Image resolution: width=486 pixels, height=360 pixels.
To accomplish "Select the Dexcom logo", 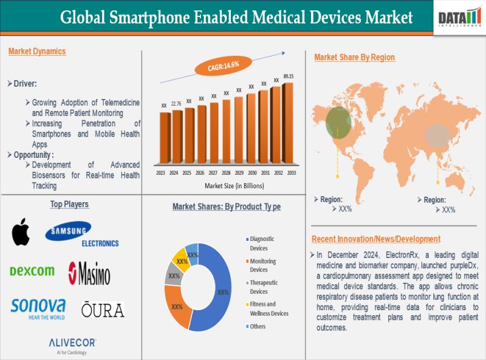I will pyautogui.click(x=32, y=271).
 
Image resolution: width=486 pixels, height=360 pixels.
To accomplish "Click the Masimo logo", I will pyautogui.click(x=89, y=273).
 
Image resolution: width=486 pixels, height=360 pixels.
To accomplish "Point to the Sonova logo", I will pyautogui.click(x=38, y=307).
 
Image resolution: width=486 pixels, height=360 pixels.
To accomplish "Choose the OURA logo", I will pyautogui.click(x=103, y=310).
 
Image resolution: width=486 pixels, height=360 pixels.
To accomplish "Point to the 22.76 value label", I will pyautogui.click(x=176, y=104).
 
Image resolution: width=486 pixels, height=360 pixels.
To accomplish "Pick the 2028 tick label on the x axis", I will pyautogui.click(x=225, y=173).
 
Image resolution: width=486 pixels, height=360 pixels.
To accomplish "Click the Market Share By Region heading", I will pyautogui.click(x=354, y=57).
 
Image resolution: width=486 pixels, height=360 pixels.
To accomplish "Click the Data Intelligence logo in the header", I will pyautogui.click(x=460, y=16).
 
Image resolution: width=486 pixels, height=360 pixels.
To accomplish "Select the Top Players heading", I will pyautogui.click(x=69, y=205).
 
